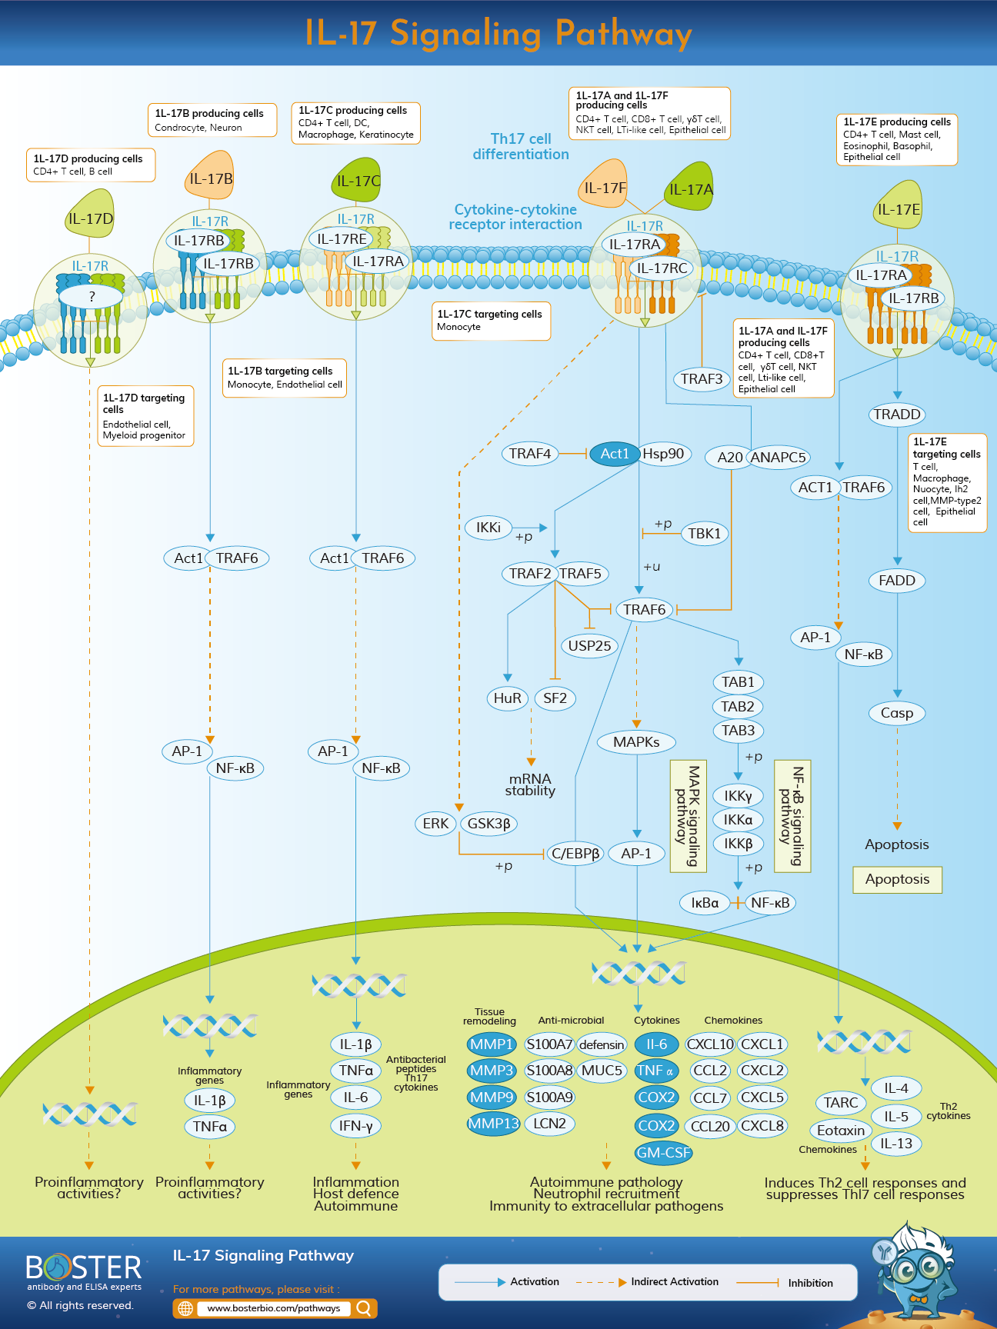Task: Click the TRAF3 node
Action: [702, 378]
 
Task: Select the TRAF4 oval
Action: [530, 454]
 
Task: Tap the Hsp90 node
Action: [664, 454]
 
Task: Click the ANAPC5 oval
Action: [778, 457]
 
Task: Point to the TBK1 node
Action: [704, 534]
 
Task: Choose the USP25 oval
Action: [589, 646]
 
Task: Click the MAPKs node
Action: [636, 742]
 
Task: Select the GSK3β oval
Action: [488, 824]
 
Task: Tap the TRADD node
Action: [897, 415]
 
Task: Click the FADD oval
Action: [897, 581]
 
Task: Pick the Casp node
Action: [897, 713]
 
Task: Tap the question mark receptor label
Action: [92, 296]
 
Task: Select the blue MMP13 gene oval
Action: [494, 1124]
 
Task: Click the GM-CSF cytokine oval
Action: [663, 1153]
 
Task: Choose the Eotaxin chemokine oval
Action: [840, 1131]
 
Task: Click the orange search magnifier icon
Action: [365, 1308]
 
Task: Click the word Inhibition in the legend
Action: [810, 1283]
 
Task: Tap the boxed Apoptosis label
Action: [897, 879]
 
